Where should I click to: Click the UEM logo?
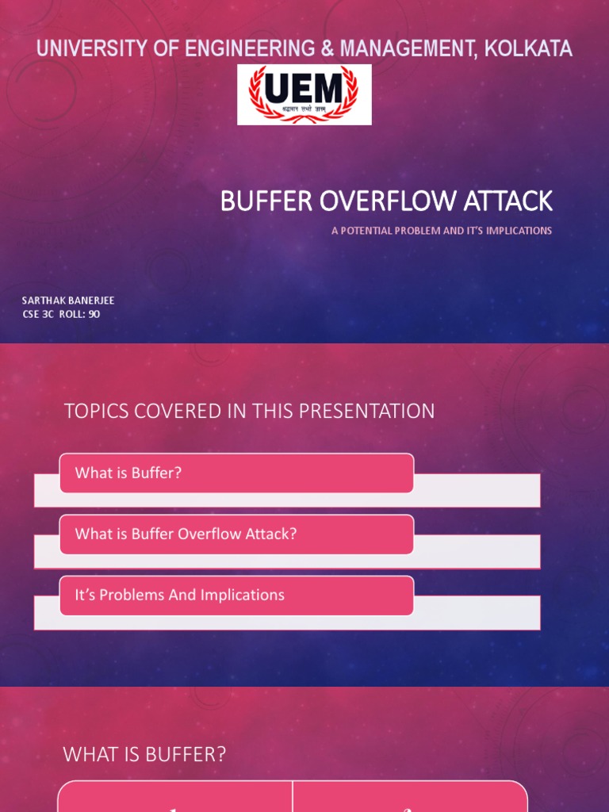pos(304,94)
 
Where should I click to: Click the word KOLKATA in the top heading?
pos(530,48)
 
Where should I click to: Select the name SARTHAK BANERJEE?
pos(68,301)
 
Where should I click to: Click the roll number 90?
pos(94,314)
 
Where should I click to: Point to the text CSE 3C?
pos(37,314)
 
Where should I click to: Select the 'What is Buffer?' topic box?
pos(236,473)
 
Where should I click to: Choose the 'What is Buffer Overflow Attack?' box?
pos(236,534)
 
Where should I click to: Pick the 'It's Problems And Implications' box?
pos(236,596)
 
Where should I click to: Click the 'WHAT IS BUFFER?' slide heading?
pos(144,755)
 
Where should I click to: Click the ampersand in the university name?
pos(327,48)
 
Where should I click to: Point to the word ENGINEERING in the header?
pos(249,48)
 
